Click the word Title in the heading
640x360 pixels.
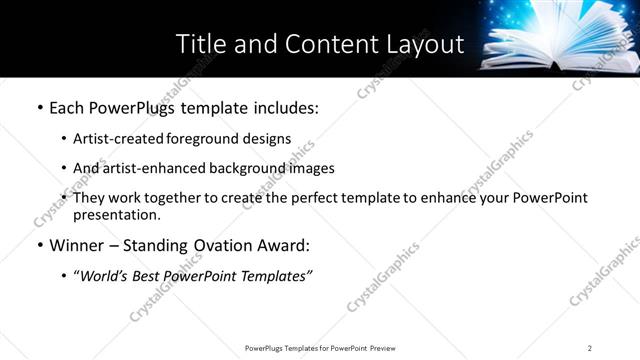(199, 44)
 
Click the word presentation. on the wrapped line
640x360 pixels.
(116, 215)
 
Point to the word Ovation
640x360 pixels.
(230, 245)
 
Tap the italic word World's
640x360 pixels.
(105, 276)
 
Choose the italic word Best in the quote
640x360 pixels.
(151, 276)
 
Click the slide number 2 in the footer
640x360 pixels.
(590, 348)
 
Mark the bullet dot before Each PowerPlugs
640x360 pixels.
(39, 108)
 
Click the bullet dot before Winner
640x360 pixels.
(39, 246)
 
